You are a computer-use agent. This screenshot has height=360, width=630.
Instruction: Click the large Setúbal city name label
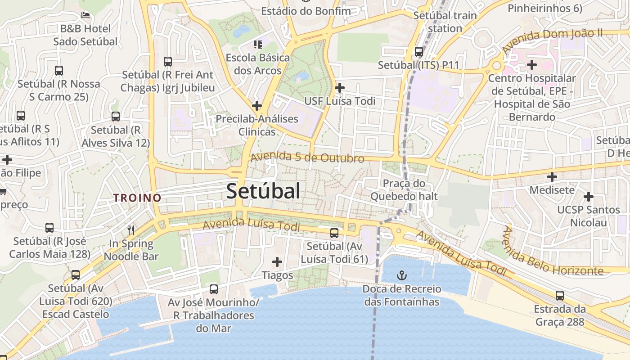coord(263,191)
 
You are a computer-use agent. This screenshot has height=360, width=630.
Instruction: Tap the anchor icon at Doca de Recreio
coord(401,275)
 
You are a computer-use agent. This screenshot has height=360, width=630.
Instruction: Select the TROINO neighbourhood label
coord(137,198)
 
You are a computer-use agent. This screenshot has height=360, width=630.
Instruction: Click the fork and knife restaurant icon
coord(131,230)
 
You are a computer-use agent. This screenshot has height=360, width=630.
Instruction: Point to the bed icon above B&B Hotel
coord(85,15)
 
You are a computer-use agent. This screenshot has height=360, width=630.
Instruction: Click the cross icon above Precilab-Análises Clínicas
coord(257,106)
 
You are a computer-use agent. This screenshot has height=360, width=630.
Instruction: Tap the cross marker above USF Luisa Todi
coord(340,87)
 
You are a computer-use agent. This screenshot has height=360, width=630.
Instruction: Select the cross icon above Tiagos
coord(278,261)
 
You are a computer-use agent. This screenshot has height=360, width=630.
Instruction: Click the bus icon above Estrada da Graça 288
coord(560,296)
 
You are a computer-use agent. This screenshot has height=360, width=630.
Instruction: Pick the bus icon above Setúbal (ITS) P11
coord(419,52)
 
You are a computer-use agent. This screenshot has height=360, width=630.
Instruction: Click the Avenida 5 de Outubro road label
coord(307,157)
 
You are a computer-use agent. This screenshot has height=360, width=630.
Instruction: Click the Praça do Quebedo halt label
coord(404,190)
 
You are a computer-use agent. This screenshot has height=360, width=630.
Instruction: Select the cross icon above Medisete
coord(552,176)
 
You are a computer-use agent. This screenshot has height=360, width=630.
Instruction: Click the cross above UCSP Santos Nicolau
coord(589,196)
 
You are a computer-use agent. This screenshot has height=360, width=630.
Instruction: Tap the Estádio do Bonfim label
coord(306,10)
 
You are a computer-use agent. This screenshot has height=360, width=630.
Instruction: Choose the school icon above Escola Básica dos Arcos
coord(258,44)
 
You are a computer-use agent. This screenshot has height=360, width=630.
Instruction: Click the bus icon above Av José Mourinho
coord(214,289)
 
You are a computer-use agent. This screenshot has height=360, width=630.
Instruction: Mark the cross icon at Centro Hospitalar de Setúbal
coord(532,65)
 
